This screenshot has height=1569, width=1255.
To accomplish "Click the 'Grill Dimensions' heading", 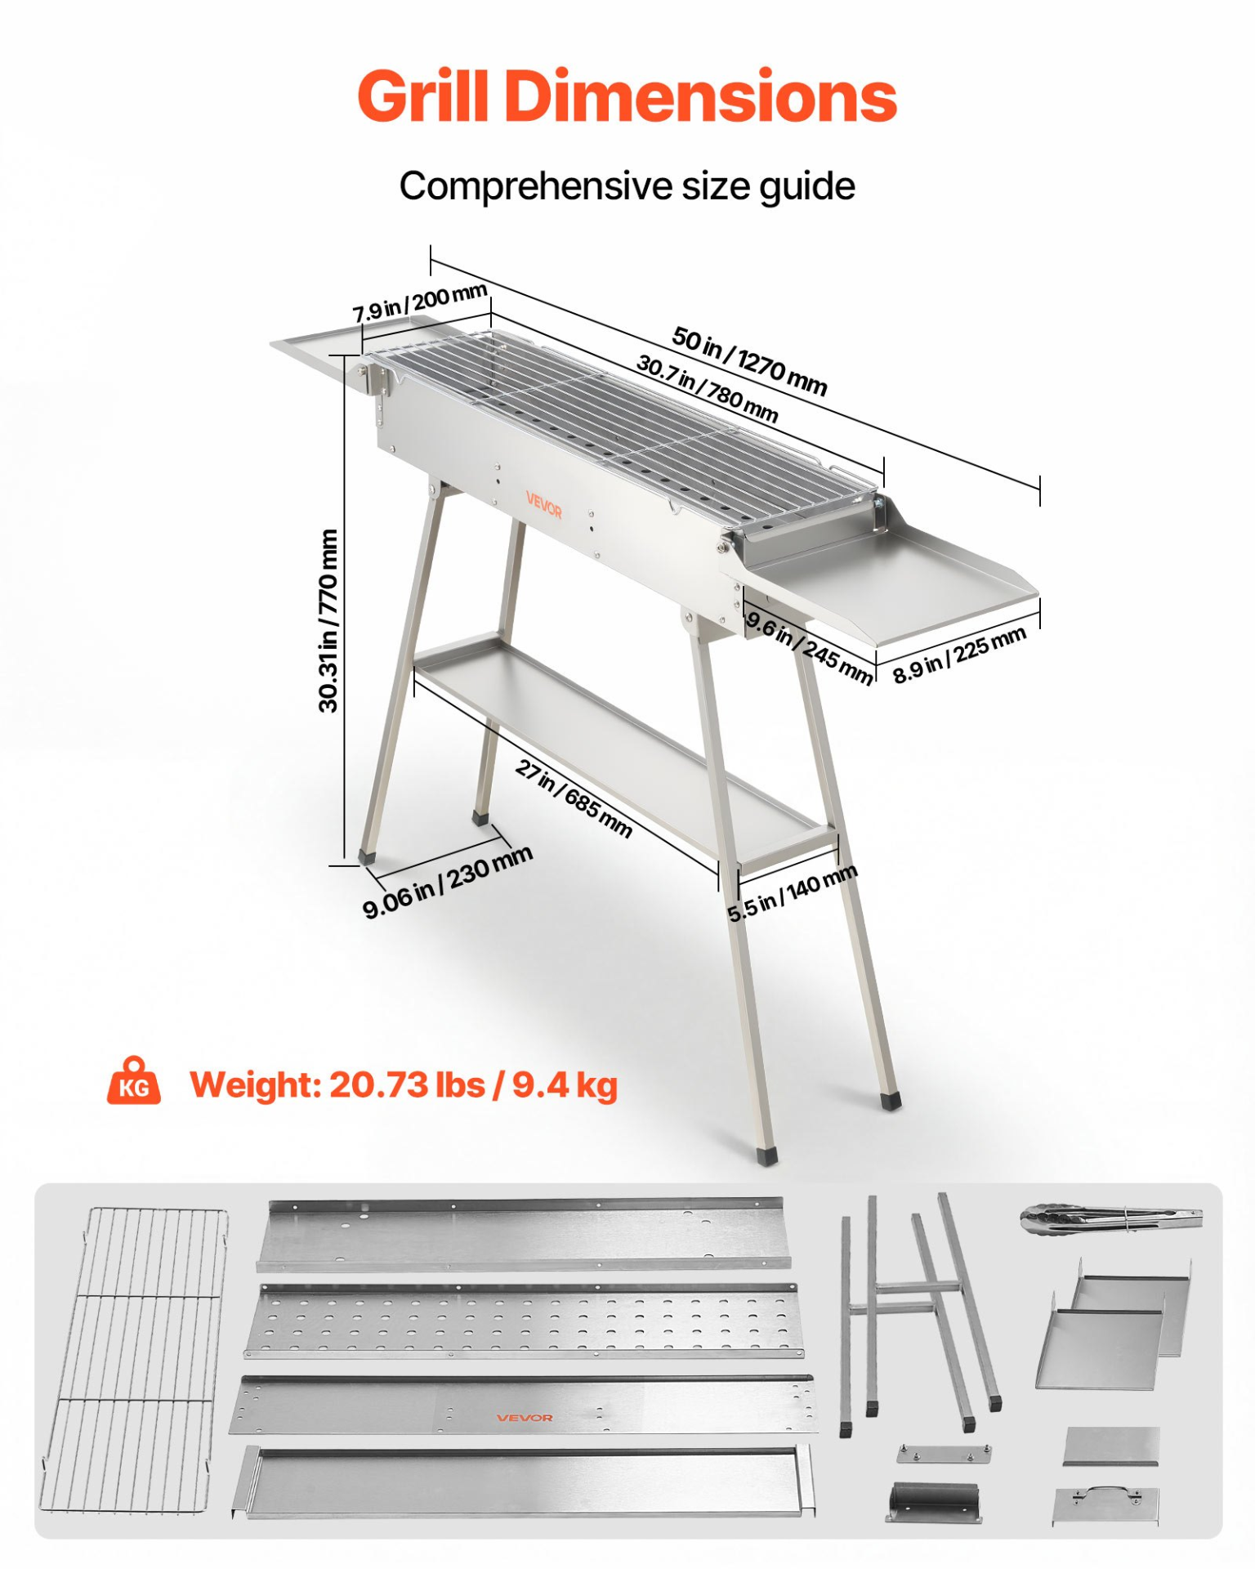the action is click(x=627, y=96).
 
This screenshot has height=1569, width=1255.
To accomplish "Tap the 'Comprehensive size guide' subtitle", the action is click(x=627, y=186).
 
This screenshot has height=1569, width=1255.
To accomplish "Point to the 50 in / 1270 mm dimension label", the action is click(x=749, y=360).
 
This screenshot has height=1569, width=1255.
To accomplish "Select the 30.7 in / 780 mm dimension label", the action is click(x=707, y=388).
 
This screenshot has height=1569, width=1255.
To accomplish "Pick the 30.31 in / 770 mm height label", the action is click(x=328, y=620).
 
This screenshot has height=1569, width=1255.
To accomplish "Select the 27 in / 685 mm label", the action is click(x=574, y=798).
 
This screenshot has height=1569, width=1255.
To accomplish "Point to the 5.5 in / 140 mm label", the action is click(x=793, y=892).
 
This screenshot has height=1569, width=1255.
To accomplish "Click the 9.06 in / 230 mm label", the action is click(x=448, y=882).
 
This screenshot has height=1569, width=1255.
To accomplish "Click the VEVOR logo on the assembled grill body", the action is click(x=544, y=505).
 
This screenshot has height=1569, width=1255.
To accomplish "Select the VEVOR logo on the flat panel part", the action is click(x=525, y=1418).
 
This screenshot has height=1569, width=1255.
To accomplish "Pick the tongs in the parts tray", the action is click(x=1111, y=1218).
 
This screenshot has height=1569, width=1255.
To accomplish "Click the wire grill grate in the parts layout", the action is click(x=135, y=1360).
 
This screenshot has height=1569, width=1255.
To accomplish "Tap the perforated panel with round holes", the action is click(x=524, y=1321).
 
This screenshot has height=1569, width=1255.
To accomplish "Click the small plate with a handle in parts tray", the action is click(x=1105, y=1505).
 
